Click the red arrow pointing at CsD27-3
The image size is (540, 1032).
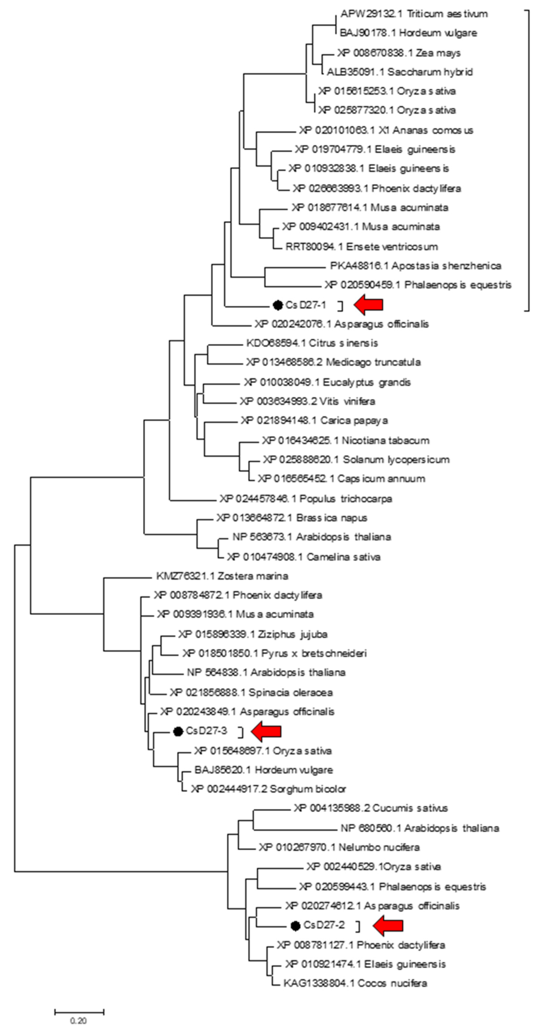266,731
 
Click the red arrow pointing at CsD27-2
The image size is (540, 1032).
388,925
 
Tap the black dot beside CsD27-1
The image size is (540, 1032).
277,305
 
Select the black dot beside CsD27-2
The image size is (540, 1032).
296,925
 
